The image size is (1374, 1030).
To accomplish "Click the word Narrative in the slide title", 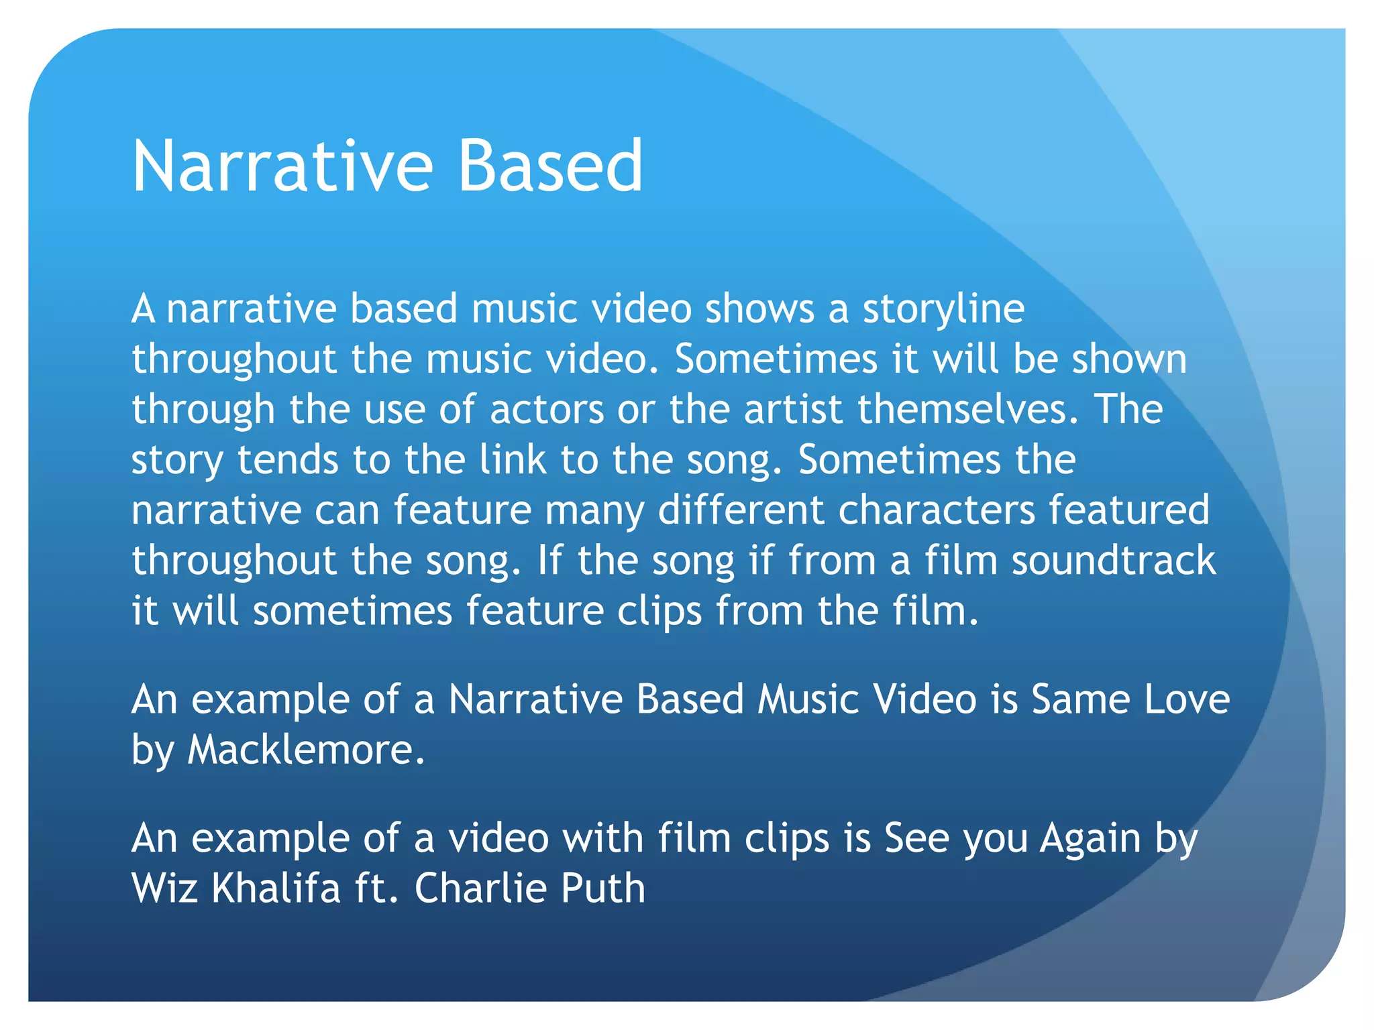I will coord(282,166).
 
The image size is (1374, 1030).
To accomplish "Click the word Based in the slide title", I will coord(550,166).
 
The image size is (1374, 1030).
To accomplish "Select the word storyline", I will coord(943,310).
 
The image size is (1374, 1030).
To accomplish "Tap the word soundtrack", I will coord(1113,561).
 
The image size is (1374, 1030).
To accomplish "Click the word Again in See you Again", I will coord(1090,839).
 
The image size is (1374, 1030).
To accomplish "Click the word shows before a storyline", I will coord(759,309).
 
